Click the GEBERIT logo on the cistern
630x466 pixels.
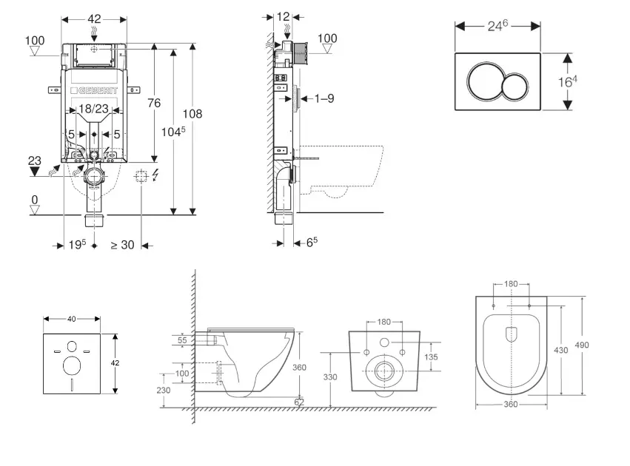[x=94, y=92]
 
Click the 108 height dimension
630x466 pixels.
[x=192, y=115]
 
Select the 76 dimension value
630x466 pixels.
[x=153, y=104]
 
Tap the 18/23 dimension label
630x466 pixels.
[x=94, y=109]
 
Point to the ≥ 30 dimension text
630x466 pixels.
[x=122, y=245]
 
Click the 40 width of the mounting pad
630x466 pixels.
[x=71, y=319]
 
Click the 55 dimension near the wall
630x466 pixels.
[x=184, y=341]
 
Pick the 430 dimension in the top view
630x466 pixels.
[x=560, y=350]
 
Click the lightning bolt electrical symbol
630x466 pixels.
[x=154, y=176]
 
